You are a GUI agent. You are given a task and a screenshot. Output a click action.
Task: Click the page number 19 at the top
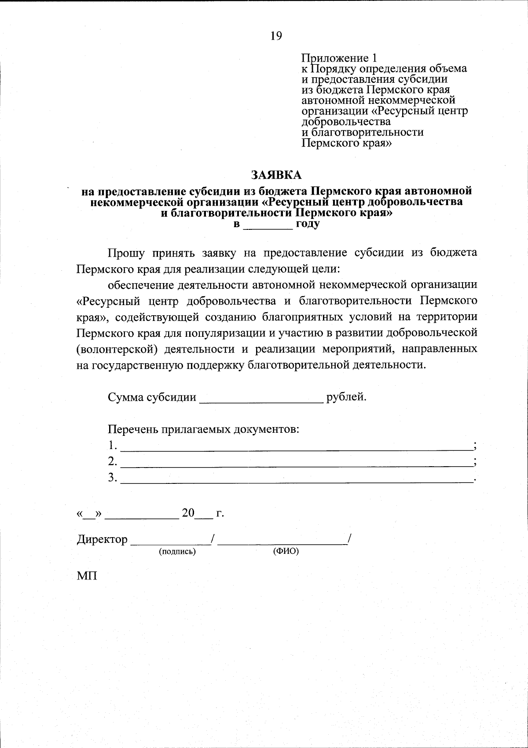(x=276, y=36)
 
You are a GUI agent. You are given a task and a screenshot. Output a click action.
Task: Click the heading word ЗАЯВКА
(x=277, y=175)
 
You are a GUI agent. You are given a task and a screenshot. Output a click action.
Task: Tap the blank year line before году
(x=268, y=226)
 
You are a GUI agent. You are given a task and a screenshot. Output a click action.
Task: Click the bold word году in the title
(x=308, y=224)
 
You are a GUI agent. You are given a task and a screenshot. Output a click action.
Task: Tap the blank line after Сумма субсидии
(x=261, y=399)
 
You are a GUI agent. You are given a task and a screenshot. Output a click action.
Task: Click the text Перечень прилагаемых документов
(x=203, y=429)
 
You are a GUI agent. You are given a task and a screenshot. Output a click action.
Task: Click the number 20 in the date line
(x=188, y=513)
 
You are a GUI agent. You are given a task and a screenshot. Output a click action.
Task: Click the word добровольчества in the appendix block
(x=346, y=122)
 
